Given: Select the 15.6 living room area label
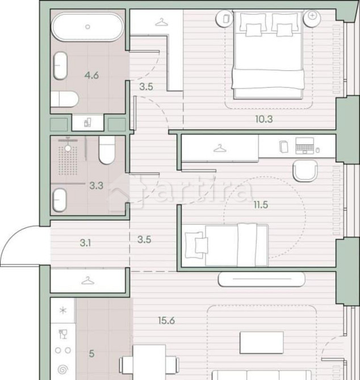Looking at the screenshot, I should [x=166, y=320].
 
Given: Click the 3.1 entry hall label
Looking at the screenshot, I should [x=86, y=243].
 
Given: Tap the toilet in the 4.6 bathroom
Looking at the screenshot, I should [x=64, y=100].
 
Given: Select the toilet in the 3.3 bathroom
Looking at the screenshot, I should [x=107, y=150].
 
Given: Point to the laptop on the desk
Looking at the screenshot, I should [x=305, y=146].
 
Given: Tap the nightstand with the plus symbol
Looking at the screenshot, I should [x=312, y=16].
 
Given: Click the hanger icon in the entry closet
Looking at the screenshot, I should [x=87, y=281].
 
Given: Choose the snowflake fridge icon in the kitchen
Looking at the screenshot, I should [x=63, y=312].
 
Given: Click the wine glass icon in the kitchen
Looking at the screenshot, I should [x=63, y=333].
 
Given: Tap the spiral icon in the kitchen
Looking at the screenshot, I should [x=63, y=369].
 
